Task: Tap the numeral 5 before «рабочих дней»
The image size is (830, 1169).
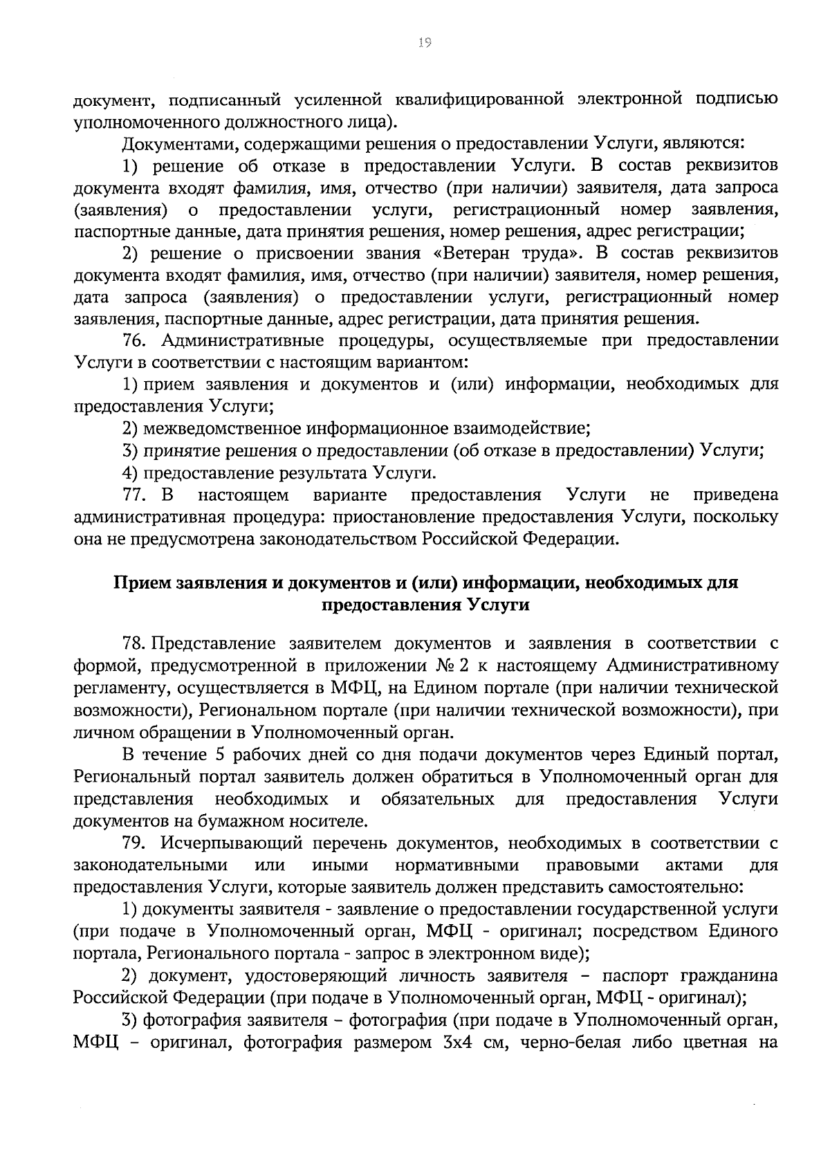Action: tap(216, 754)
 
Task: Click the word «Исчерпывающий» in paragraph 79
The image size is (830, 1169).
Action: tap(232, 844)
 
